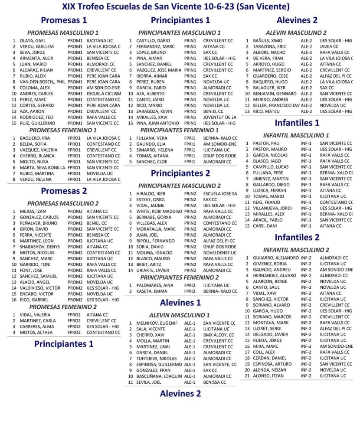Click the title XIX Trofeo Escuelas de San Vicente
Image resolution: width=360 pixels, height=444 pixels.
pos(176,7)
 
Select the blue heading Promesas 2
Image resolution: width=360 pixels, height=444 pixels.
pos(64,191)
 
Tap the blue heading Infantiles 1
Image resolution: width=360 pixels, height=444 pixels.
pos(297,123)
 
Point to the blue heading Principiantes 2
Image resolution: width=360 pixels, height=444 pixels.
pos(180,173)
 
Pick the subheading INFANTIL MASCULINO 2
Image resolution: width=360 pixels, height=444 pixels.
pos(296,250)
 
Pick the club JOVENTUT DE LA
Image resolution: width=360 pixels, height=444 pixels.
pos(219,117)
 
